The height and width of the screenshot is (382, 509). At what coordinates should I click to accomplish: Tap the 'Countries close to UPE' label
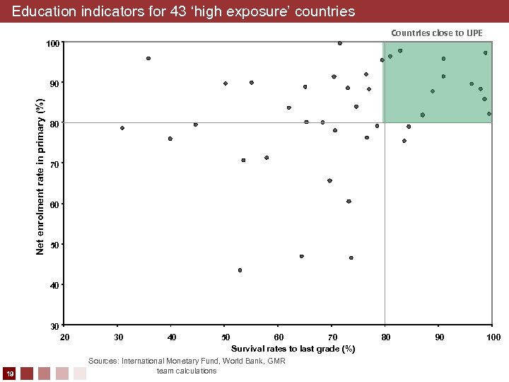[x=437, y=33]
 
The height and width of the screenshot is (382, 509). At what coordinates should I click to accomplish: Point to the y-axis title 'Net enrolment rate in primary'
[x=41, y=177]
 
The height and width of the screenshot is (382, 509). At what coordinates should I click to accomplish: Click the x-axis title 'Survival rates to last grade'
[x=293, y=349]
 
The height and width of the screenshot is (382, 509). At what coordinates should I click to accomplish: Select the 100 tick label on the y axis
[x=52, y=45]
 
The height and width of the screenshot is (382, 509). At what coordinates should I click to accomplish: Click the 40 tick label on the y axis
[x=54, y=285]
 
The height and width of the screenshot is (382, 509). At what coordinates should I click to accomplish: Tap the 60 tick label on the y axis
[x=54, y=204]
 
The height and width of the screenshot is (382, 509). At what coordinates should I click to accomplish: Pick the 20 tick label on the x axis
[x=64, y=337]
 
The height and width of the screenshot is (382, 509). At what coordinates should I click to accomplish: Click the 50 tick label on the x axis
[x=225, y=337]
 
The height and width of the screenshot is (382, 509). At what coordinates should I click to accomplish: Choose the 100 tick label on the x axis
[x=493, y=337]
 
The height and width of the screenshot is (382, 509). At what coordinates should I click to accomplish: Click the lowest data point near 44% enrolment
[x=240, y=270]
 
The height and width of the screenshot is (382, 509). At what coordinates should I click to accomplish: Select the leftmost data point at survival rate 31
[x=122, y=128]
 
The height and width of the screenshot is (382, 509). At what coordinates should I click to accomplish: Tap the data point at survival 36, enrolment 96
[x=148, y=58]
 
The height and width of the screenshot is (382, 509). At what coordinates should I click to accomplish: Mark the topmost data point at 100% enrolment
[x=340, y=43]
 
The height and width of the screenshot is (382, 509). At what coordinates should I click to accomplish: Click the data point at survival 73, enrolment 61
[x=349, y=202]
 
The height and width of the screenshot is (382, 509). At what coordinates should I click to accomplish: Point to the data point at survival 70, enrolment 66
[x=329, y=180]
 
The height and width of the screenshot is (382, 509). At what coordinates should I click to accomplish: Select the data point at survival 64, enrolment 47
[x=302, y=256]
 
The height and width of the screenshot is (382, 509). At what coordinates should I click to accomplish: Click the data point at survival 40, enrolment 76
[x=170, y=139]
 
